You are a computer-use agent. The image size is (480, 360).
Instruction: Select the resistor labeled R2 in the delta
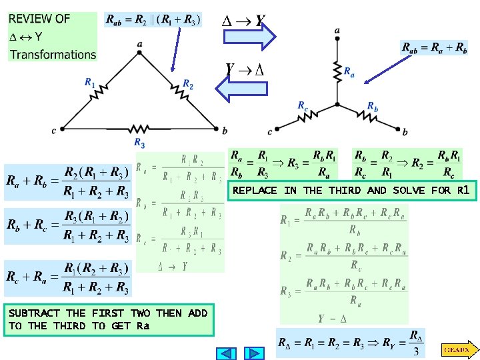click(x=179, y=93)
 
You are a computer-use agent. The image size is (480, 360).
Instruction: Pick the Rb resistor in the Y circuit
click(x=367, y=116)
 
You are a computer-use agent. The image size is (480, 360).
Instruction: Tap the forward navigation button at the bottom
click(x=254, y=353)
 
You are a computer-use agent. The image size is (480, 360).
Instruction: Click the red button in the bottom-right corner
click(x=459, y=349)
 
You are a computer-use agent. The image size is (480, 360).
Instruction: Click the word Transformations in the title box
click(x=53, y=54)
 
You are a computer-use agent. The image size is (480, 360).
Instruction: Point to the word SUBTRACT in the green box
click(x=33, y=313)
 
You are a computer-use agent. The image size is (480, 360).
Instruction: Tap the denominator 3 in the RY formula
click(x=416, y=351)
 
